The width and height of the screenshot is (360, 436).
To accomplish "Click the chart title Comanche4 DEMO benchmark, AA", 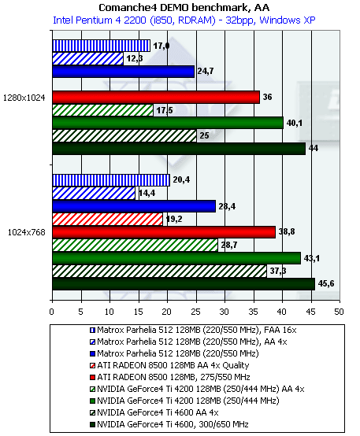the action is tap(184, 8).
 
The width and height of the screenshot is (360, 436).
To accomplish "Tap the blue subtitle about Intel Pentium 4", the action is tap(184, 20).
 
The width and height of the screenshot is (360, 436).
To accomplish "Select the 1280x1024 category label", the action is tap(24, 98).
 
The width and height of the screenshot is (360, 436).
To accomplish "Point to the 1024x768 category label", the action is tap(27, 232).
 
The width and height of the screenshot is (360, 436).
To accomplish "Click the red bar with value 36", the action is tap(156, 97).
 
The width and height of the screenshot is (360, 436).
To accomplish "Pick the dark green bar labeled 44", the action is tap(179, 149).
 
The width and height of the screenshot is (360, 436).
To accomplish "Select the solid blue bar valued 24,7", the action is tap(124, 72).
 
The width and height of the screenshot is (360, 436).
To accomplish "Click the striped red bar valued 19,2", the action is tap(107, 219).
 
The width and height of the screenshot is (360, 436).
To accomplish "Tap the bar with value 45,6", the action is tap(184, 284).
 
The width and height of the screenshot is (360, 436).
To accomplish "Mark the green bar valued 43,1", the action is tap(176, 258).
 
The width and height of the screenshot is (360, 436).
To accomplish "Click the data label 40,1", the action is tap(295, 123).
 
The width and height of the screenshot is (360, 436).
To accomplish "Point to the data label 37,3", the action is tap(278, 271).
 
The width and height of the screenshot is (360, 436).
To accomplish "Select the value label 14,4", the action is tap(147, 193).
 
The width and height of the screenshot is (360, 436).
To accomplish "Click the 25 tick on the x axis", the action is tap(196, 312).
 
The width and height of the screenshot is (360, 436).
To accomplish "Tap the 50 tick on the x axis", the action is tap(340, 312).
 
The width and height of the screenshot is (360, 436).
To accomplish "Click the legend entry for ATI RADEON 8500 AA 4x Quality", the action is tap(169, 365).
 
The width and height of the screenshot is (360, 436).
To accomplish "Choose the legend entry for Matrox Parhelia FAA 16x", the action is tap(193, 330).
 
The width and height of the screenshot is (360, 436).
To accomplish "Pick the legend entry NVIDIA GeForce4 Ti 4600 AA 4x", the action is tap(154, 412).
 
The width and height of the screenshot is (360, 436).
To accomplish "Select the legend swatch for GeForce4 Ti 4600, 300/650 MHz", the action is tap(92, 425).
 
